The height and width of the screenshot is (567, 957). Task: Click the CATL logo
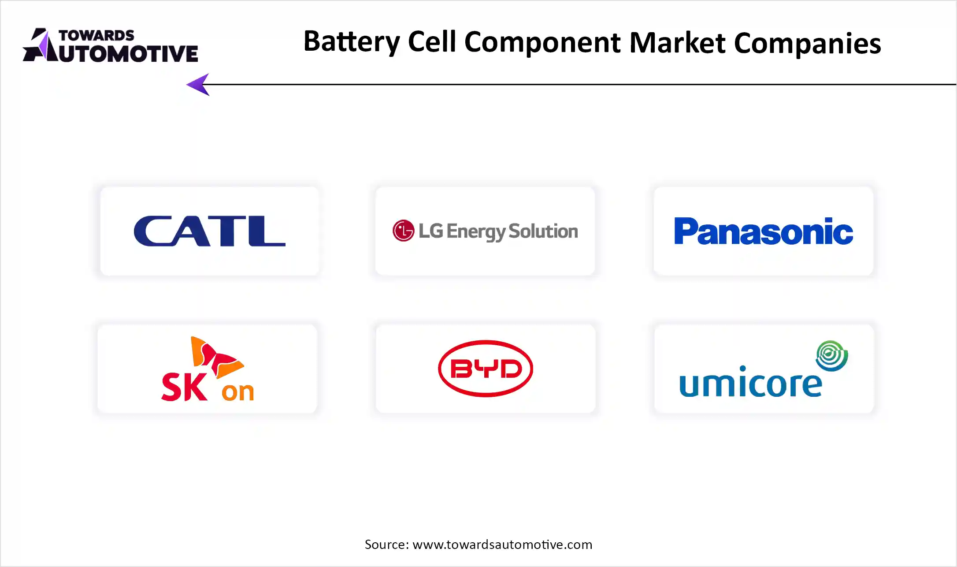point(210,231)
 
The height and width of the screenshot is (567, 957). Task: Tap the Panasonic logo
point(764,231)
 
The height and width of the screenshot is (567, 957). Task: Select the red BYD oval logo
point(486,369)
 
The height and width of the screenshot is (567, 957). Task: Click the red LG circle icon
point(403,231)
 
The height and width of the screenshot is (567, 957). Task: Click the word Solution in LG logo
point(543,231)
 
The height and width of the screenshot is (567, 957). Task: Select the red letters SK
point(184,387)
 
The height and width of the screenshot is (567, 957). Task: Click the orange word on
point(238,392)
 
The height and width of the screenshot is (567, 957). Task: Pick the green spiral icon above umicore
point(832,355)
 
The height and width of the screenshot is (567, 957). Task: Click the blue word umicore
point(750,382)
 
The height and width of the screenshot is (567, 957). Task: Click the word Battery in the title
point(352,42)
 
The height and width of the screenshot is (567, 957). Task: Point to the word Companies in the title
point(807,44)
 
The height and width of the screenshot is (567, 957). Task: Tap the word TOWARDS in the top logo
point(96,35)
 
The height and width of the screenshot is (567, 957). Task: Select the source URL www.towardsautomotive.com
point(502,545)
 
